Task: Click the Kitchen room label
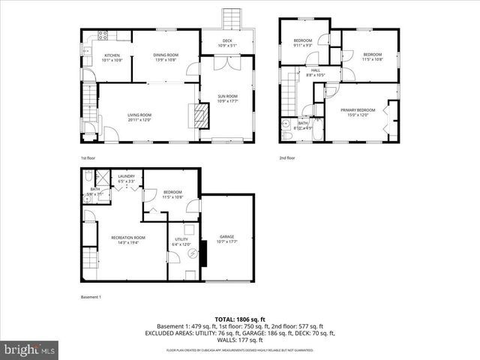click(112, 55)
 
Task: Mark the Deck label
click(227, 40)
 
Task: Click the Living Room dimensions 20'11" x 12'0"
click(139, 119)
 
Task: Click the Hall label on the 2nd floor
click(305, 70)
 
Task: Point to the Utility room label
click(181, 239)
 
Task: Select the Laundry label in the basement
click(126, 176)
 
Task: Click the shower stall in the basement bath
click(88, 177)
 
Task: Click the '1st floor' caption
click(88, 158)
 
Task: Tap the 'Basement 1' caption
click(91, 298)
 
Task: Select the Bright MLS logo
click(30, 349)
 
